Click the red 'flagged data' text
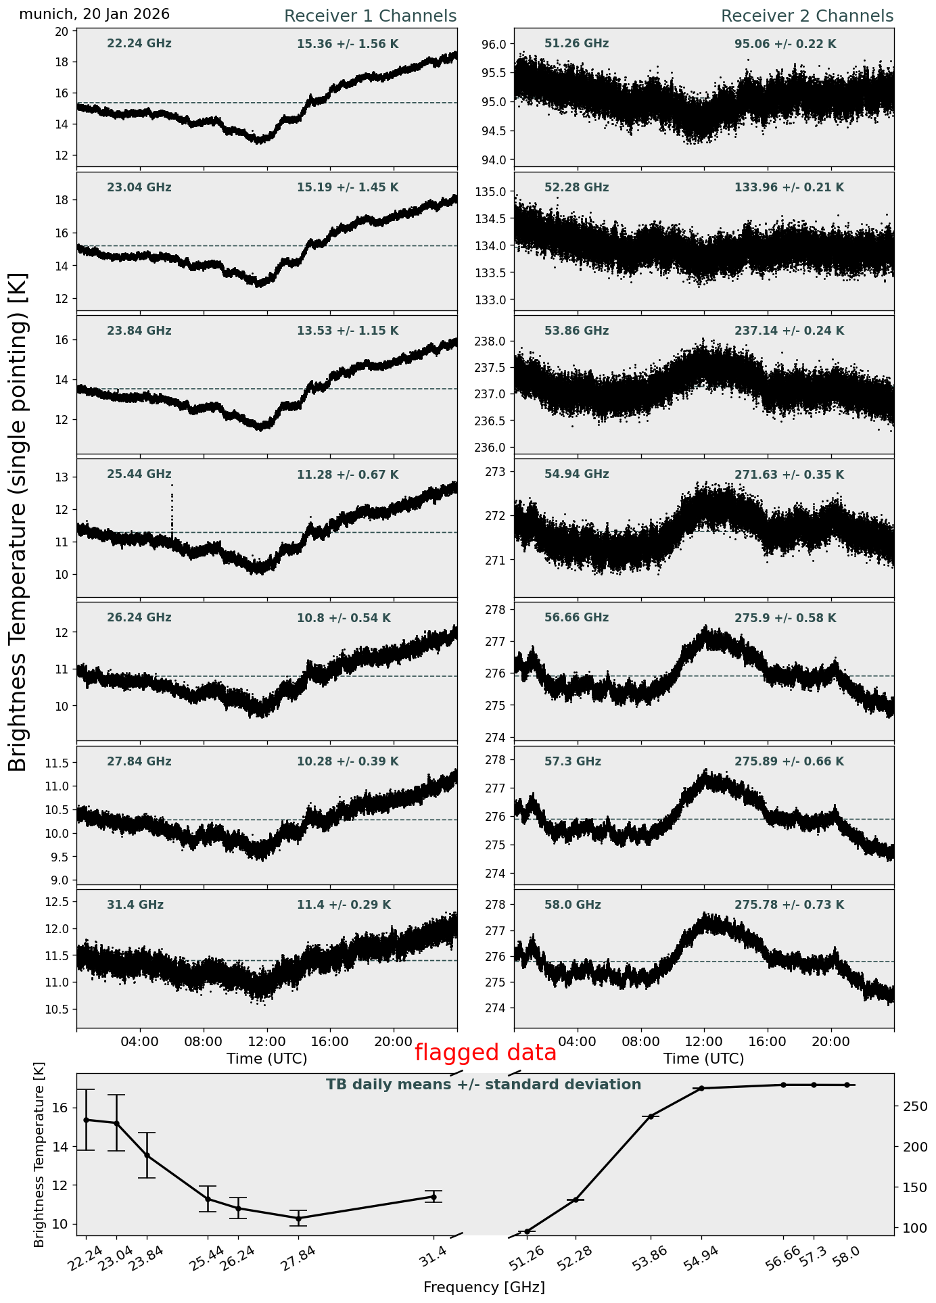pyautogui.click(x=485, y=1053)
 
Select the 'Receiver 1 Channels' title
pyautogui.click(x=370, y=16)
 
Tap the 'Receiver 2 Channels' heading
pyautogui.click(x=807, y=16)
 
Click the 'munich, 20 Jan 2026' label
pyautogui.click(x=95, y=14)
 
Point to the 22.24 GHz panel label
pyautogui.click(x=139, y=44)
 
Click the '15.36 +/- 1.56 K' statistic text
pyautogui.click(x=348, y=44)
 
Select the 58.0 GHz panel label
pyautogui.click(x=573, y=905)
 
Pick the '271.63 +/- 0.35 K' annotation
pyautogui.click(x=789, y=475)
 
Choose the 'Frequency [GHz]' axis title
pyautogui.click(x=484, y=1287)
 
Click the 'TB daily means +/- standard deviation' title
pyautogui.click(x=484, y=1085)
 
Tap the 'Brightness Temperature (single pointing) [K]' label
pyautogui.click(x=18, y=522)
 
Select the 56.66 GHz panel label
pyautogui.click(x=576, y=618)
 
